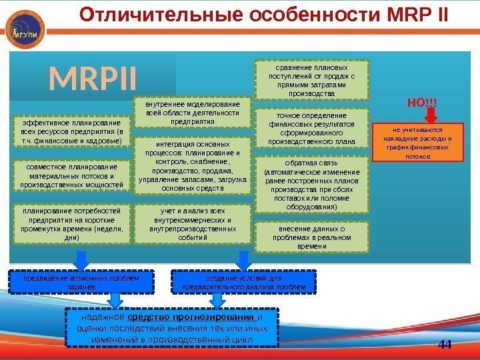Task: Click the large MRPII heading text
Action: coord(93,79)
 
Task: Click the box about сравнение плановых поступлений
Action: coord(312,81)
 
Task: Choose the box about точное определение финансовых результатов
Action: coord(312,128)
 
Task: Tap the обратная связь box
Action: coord(312,185)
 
